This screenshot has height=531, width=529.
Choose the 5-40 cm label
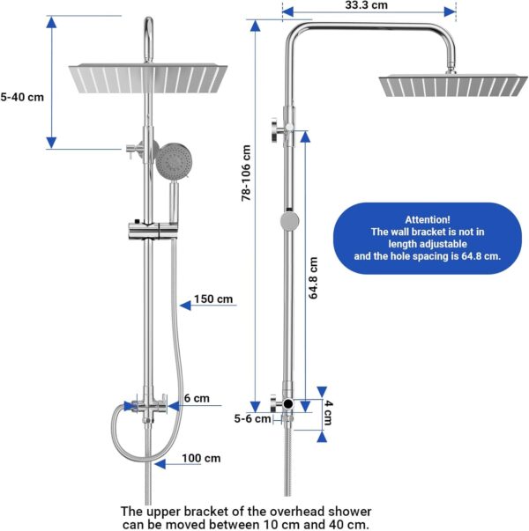coord(22,97)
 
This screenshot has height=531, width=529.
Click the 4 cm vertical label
coord(328,412)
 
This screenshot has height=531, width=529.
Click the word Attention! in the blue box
coord(428,219)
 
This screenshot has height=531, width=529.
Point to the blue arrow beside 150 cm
coord(188,306)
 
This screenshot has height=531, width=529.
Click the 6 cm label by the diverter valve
coord(197,398)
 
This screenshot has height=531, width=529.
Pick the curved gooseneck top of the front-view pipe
coord(148,26)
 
